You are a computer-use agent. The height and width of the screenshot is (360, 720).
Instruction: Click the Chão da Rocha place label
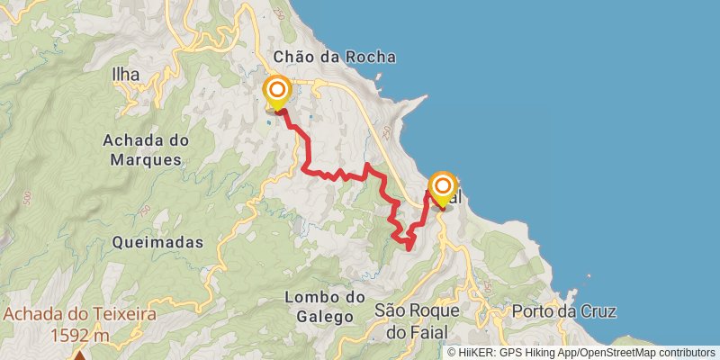click(334, 57)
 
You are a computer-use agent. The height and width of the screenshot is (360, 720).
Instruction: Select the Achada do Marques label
click(145, 149)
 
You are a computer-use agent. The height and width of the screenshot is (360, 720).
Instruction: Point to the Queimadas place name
click(158, 242)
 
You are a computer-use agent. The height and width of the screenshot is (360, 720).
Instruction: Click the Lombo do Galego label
click(324, 306)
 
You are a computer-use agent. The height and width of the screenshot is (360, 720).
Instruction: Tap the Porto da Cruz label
click(562, 312)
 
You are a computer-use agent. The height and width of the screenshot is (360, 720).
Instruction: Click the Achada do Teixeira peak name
click(79, 315)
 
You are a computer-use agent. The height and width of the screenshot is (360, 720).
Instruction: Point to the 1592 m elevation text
click(79, 335)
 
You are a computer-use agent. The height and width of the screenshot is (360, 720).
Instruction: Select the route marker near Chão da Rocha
click(276, 90)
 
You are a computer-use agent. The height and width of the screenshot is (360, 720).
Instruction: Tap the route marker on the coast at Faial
click(442, 187)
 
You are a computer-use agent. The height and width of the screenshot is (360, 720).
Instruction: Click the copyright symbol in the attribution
click(452, 352)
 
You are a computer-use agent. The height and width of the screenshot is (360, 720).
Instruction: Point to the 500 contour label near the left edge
click(26, 197)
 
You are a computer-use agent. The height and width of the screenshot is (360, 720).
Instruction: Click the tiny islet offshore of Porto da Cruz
click(589, 277)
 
